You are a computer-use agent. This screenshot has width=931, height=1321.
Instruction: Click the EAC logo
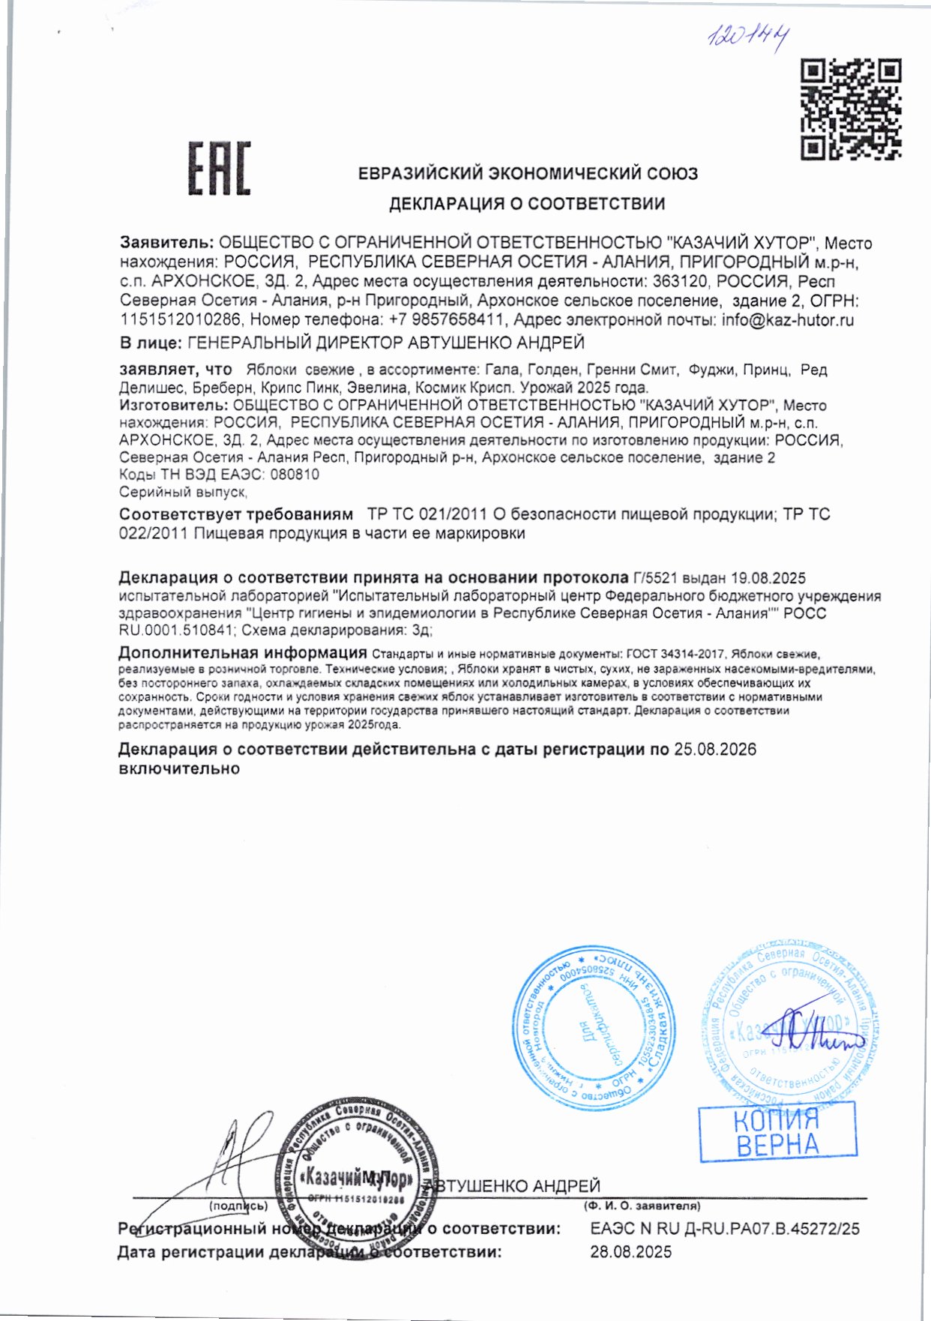(x=219, y=168)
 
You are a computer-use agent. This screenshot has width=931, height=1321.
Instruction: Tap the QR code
(x=850, y=109)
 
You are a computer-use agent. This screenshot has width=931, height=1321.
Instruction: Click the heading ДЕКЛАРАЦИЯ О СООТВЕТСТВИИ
(x=526, y=203)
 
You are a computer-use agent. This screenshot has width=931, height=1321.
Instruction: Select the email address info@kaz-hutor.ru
(x=787, y=320)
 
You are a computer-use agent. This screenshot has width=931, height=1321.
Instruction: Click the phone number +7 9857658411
(x=445, y=320)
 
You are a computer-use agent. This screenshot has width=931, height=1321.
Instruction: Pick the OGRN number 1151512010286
(x=181, y=320)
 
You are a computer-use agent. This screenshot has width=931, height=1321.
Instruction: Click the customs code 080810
(x=294, y=475)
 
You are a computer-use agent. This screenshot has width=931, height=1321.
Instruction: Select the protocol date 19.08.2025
(x=768, y=578)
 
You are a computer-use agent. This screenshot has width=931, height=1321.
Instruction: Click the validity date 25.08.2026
(x=714, y=750)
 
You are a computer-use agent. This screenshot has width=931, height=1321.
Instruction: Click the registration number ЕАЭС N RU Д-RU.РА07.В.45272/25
(x=724, y=1229)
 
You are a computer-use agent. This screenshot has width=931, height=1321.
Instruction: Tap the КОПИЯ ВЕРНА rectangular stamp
(x=777, y=1132)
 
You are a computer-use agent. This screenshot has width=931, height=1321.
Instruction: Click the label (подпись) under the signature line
(x=238, y=1206)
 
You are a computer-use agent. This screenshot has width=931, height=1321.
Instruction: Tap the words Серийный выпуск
(x=183, y=493)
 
